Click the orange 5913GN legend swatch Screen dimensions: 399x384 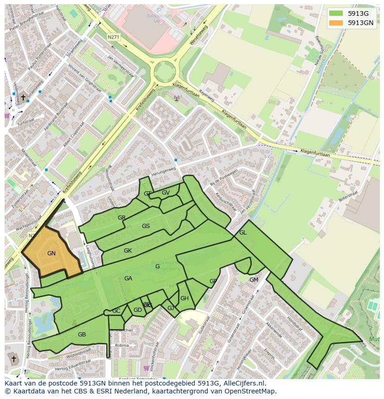pos(337,22)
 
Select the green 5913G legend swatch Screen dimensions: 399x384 pos(337,13)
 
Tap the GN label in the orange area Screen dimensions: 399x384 pos(51,253)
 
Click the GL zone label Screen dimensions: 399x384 pos(243,233)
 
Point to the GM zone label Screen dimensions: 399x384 pos(254,279)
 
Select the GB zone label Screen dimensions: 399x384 pos(82,335)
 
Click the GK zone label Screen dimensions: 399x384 pos(128,251)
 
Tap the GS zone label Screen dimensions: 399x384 pos(146,226)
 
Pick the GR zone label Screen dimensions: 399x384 pos(122,217)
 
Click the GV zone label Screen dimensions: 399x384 pos(166,193)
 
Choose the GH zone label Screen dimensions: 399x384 pos(185,298)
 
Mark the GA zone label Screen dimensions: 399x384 pos(128,279)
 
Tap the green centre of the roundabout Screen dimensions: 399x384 pos(165,72)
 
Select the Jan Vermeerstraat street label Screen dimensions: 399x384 pos(120,66)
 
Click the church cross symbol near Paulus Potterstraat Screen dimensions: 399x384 pos(23,97)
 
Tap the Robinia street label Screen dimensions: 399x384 pos(122,345)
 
